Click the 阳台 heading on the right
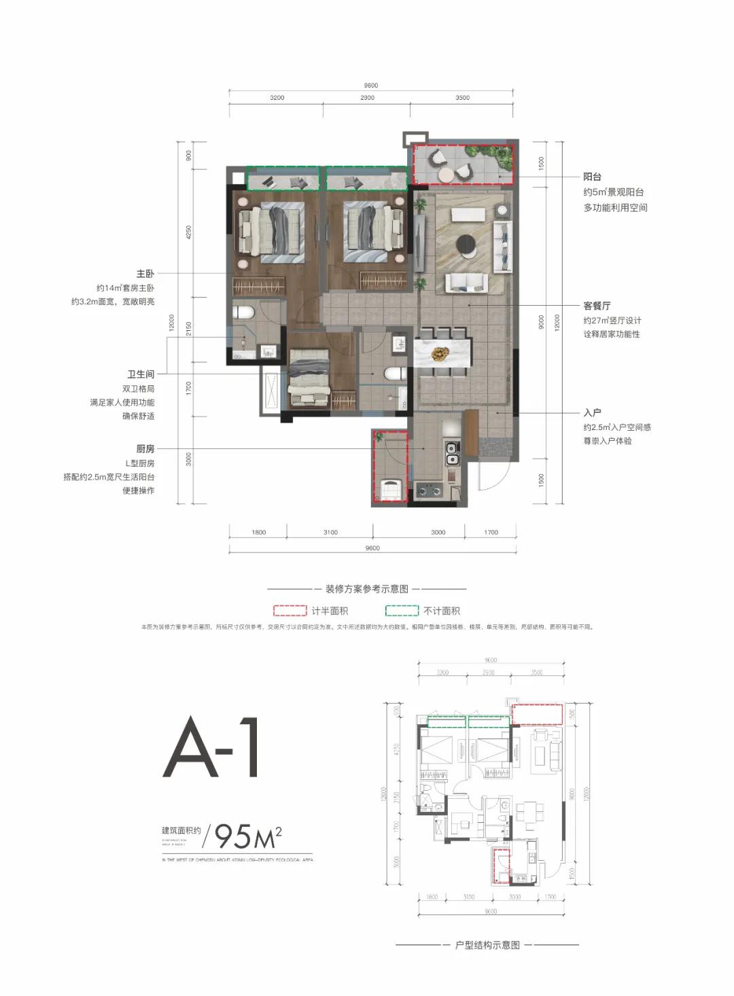tap(592, 177)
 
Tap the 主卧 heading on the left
tap(145, 274)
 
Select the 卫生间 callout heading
tap(141, 374)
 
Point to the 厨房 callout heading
tap(145, 449)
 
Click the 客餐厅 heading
tap(597, 306)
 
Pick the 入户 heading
tap(592, 412)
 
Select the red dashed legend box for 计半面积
tap(290, 611)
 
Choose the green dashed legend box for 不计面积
tap(402, 611)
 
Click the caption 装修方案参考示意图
tap(367, 589)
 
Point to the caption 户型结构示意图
tap(487, 945)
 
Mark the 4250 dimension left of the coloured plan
tap(189, 232)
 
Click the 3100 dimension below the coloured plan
tap(330, 532)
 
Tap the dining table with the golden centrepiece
tap(442, 354)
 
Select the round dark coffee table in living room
tap(467, 243)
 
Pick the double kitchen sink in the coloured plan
tap(451, 453)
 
